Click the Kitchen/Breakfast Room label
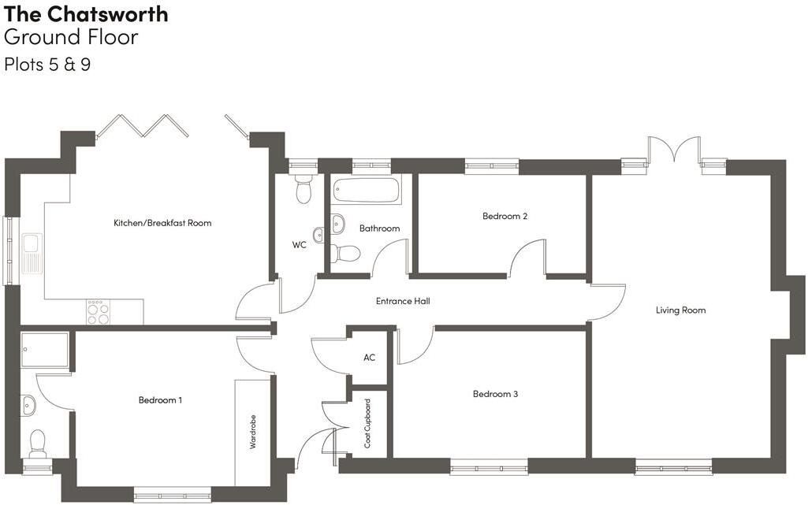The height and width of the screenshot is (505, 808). click(162, 223)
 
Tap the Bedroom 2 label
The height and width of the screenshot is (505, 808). click(505, 216)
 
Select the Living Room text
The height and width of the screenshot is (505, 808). click(681, 310)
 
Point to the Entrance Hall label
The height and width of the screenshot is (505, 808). click(403, 301)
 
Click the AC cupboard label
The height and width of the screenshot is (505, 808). click(370, 357)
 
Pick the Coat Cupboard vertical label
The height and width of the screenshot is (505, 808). click(367, 423)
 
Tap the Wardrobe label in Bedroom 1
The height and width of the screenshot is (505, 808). click(252, 432)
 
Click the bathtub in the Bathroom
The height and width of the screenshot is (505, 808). click(366, 190)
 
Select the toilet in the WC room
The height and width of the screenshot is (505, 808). click(303, 189)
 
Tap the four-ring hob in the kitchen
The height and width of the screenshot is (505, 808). click(98, 312)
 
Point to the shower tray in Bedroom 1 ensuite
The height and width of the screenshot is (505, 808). click(45, 350)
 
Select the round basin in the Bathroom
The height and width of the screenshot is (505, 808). click(338, 223)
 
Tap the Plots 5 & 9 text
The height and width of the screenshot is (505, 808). click(47, 65)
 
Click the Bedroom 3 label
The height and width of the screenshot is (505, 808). click(495, 395)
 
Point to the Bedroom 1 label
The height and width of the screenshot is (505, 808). click(160, 400)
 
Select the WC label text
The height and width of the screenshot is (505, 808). click(300, 245)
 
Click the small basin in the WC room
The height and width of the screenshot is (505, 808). click(318, 235)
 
